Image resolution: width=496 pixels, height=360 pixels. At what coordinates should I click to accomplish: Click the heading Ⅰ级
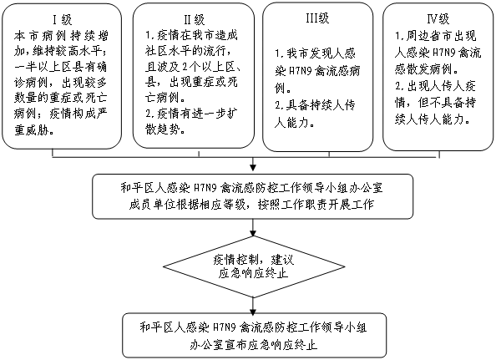pyautogui.click(x=62, y=19)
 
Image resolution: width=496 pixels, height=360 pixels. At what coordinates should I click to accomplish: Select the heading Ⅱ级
pyautogui.click(x=195, y=19)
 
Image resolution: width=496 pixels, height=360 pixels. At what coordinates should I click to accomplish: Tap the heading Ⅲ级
pyautogui.click(x=317, y=18)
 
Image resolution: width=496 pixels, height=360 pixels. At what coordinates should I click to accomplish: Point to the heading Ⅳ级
pyautogui.click(x=438, y=19)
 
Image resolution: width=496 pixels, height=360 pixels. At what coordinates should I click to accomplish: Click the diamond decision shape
pyautogui.click(x=254, y=266)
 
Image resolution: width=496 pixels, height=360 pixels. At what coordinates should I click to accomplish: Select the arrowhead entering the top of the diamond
pyautogui.click(x=253, y=233)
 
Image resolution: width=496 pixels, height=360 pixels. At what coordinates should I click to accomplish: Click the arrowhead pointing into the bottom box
pyautogui.click(x=253, y=311)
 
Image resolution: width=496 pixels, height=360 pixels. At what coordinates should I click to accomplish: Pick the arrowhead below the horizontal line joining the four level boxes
pyautogui.click(x=253, y=168)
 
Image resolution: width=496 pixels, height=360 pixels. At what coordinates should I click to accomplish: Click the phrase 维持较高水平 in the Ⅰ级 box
pyautogui.click(x=67, y=51)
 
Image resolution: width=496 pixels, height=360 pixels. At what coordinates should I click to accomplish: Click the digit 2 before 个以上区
pyautogui.click(x=185, y=67)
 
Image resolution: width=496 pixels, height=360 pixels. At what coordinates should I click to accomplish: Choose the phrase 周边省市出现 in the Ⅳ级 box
pyautogui.click(x=441, y=36)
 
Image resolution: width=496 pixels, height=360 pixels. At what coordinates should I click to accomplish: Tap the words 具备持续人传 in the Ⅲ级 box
pyautogui.click(x=321, y=105)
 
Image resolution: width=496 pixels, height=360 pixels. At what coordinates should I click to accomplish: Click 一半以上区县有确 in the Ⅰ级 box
pyautogui.click(x=60, y=67)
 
